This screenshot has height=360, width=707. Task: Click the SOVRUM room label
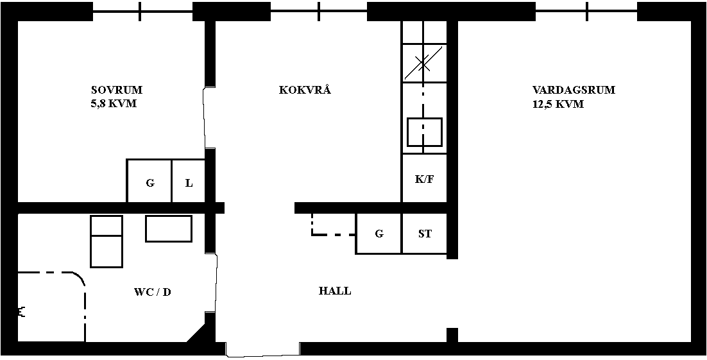coord(117,90)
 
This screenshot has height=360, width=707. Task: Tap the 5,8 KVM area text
coord(114,104)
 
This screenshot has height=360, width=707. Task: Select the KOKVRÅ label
coord(305,90)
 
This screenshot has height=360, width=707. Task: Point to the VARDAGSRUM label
coord(574,90)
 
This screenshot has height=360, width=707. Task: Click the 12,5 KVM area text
coord(558,104)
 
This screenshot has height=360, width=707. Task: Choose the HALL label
coord(335,291)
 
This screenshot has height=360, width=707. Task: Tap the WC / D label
coord(153,293)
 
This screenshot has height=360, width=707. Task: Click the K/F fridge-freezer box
coord(424,178)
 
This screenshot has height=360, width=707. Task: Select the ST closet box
coord(424,234)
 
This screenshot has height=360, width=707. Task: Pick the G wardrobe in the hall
coord(379,234)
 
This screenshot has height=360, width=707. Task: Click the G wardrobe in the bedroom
coord(149,182)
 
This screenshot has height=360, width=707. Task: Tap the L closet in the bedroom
coord(189,182)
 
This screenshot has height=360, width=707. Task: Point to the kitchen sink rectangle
coord(425,132)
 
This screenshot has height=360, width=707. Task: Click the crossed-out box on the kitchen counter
coord(424,63)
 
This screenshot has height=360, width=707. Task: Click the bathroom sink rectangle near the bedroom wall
coord(169,228)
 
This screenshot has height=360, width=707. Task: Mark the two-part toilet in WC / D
coord(106,241)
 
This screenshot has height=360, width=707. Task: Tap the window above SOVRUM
coord(142,12)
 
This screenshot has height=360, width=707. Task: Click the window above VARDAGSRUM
coord(586,12)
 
